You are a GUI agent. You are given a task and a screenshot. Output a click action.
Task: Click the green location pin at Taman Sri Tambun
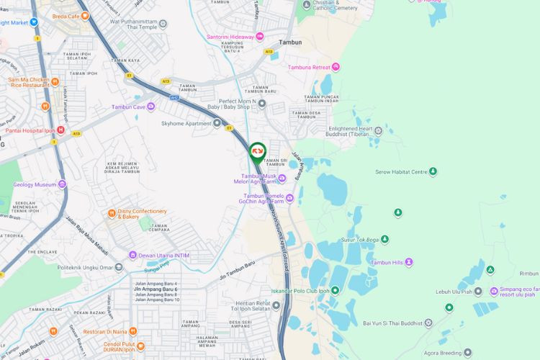[x=257, y=152]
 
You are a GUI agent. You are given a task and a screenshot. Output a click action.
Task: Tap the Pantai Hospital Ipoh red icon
[x=61, y=130]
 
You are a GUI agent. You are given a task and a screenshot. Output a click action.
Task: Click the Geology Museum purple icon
[x=62, y=184]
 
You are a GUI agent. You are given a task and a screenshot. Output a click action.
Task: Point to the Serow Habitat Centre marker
[x=433, y=171]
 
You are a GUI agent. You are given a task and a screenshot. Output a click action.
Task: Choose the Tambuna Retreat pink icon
[x=336, y=67]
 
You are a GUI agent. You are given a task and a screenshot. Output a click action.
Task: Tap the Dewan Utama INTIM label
[x=164, y=255]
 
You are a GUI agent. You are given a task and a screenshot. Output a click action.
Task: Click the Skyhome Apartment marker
[x=217, y=123]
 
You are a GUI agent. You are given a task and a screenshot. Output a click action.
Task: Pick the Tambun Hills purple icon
[x=409, y=262]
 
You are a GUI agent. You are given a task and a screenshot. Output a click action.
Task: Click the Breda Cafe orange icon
[x=85, y=17]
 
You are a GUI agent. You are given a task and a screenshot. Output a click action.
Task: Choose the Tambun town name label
[x=290, y=42]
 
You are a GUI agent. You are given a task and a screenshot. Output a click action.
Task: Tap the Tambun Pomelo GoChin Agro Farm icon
[x=289, y=199]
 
